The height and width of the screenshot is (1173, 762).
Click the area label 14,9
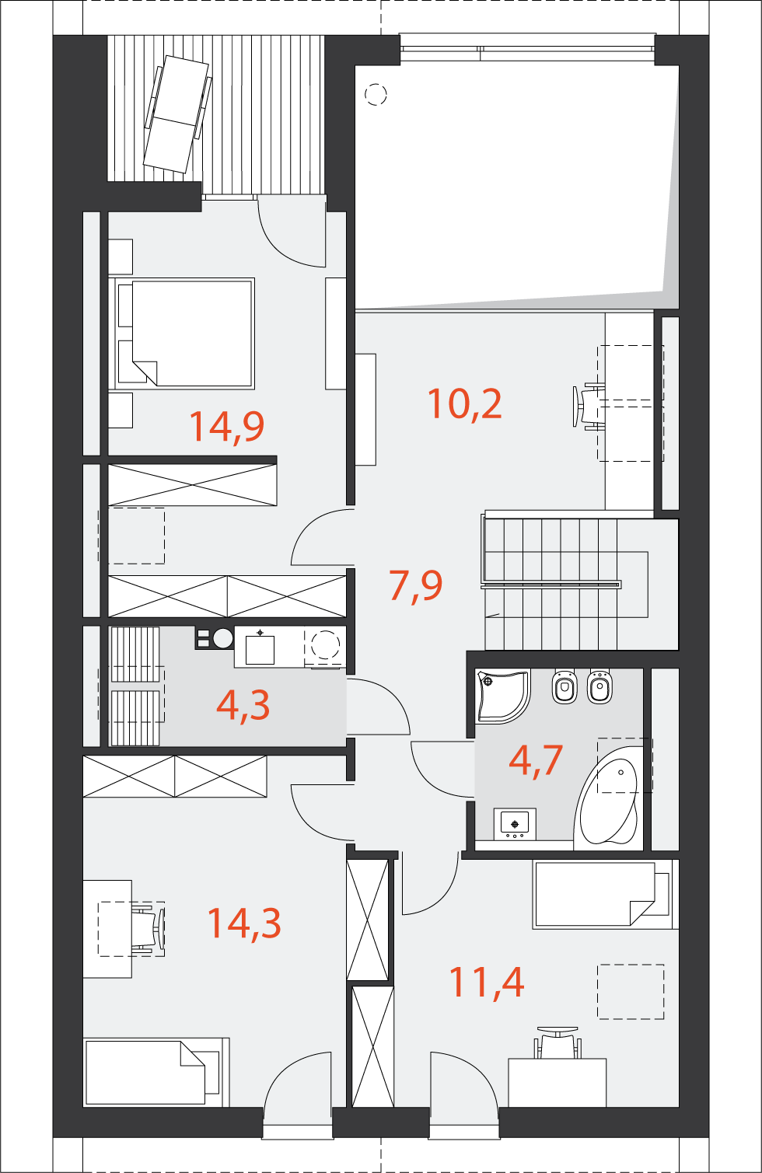click(x=226, y=426)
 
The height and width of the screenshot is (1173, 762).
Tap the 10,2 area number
click(x=464, y=403)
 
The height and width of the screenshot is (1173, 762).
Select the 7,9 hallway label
click(x=415, y=585)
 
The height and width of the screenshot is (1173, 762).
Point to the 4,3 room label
click(x=243, y=705)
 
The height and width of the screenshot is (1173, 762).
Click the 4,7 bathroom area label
click(x=535, y=759)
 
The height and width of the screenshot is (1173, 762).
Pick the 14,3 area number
click(x=243, y=923)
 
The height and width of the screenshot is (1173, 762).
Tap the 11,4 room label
click(x=487, y=982)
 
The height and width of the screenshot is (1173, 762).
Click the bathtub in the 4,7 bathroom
click(x=610, y=801)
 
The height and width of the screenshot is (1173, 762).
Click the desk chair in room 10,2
click(x=588, y=407)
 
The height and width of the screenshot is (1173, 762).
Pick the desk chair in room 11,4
click(x=558, y=1043)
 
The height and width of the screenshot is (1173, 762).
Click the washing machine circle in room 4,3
click(x=325, y=644)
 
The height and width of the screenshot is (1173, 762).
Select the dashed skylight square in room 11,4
click(x=631, y=991)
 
